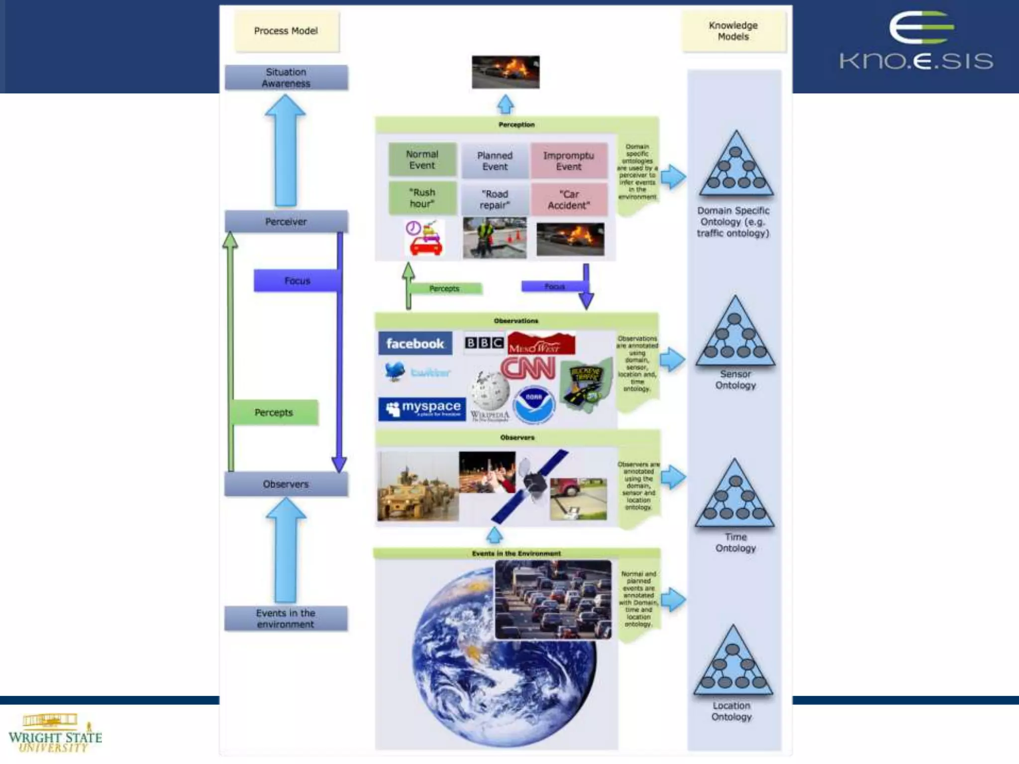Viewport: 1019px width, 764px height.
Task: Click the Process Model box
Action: pos(286,31)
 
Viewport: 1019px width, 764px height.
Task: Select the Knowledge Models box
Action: pos(733,31)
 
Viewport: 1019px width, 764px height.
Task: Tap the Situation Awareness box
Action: pos(286,78)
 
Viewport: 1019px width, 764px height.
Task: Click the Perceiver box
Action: pos(286,221)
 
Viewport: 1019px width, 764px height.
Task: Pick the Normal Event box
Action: pos(422,160)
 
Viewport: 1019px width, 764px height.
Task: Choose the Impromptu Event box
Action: pos(569,161)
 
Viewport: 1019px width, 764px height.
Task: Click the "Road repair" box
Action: pos(495,199)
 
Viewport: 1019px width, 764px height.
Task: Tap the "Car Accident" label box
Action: pos(569,199)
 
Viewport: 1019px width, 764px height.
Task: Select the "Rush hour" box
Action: pos(422,198)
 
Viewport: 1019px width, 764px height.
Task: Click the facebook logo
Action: pos(415,343)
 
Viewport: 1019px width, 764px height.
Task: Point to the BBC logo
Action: pos(484,343)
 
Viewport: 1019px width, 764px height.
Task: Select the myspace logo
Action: pos(422,409)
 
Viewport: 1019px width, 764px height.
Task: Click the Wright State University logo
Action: pos(55,734)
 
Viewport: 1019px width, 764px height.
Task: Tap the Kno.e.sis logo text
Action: pos(916,61)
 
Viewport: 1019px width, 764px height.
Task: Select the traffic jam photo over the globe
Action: pos(553,599)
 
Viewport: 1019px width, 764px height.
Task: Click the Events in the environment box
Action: pos(286,618)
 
